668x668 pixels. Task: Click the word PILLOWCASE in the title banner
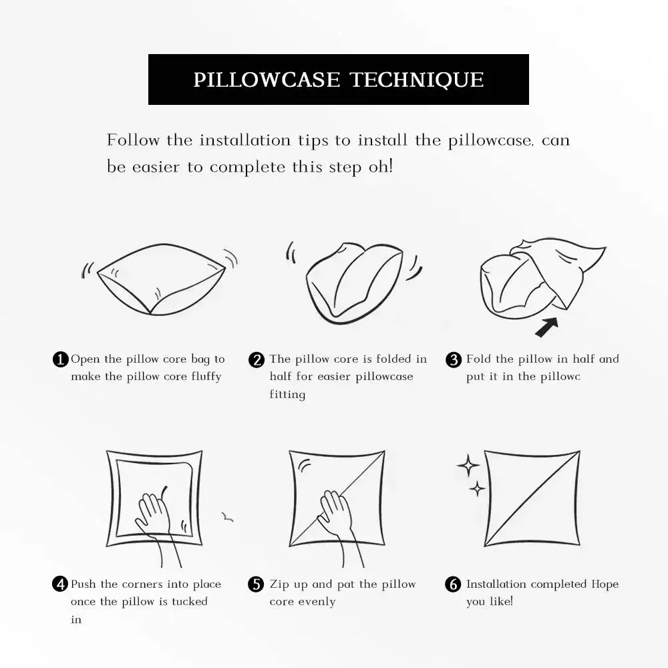point(267,79)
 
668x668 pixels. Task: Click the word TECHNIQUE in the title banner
point(417,79)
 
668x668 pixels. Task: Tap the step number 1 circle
point(60,359)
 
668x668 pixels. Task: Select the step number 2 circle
point(257,359)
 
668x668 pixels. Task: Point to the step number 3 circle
point(454,359)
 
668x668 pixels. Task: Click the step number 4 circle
point(60,584)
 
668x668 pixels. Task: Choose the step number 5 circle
point(257,584)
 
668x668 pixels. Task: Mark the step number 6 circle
point(454,584)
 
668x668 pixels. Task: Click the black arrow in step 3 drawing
point(547,327)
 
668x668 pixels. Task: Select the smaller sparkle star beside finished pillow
point(477,489)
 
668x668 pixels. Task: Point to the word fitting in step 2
point(287,395)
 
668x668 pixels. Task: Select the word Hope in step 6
point(605,584)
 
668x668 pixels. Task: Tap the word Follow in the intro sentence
point(134,140)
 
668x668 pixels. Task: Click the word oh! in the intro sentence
point(381,166)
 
